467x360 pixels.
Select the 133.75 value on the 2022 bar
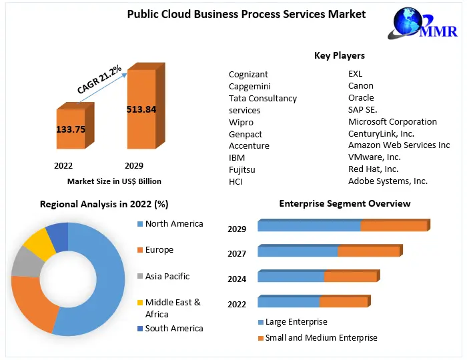70,129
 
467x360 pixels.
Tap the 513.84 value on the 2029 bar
141,109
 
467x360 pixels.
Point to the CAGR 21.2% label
99,79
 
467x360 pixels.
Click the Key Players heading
339,55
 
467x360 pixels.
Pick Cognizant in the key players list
248,74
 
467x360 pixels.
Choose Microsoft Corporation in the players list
392,122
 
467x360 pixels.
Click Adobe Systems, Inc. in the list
388,181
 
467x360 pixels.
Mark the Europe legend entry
159,250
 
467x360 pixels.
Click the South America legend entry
173,329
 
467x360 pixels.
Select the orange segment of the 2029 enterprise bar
394,226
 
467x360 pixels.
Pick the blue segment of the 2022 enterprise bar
289,301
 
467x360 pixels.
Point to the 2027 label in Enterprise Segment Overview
237,254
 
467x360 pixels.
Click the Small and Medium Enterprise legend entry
321,338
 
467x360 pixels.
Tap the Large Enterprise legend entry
296,322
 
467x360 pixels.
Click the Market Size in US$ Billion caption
114,181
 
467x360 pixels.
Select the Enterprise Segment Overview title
344,203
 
